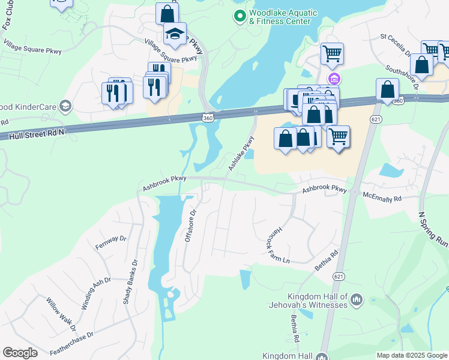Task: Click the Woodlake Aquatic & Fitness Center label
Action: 280,17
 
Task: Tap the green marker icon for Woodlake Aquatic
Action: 240,16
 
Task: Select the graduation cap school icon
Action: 175,34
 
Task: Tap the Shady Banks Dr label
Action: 130,281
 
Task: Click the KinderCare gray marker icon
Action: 65,107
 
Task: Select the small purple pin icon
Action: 334,79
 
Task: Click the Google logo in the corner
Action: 20,353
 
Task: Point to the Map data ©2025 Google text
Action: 412,355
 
